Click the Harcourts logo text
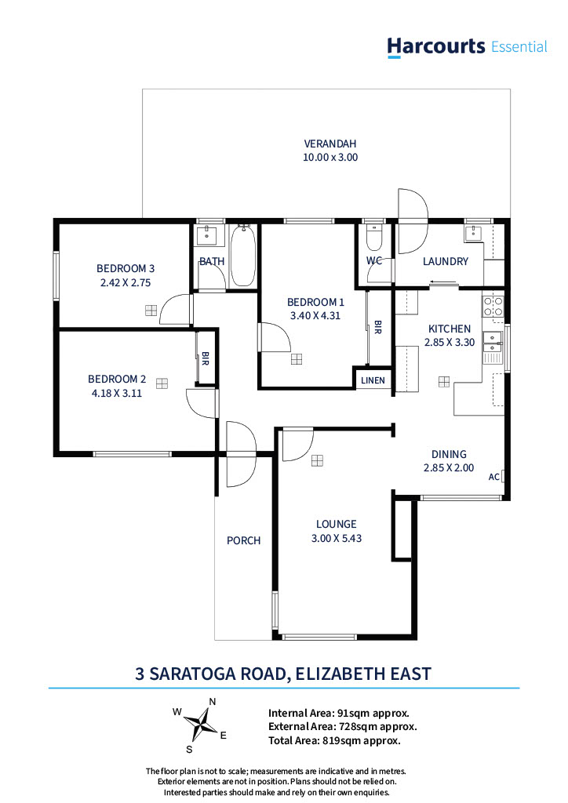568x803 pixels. [x=436, y=46]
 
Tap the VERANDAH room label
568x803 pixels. [x=330, y=144]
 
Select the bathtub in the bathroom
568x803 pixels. [x=242, y=256]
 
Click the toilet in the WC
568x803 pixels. [x=374, y=238]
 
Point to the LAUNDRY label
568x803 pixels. [x=445, y=261]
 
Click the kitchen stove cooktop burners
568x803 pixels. [x=493, y=307]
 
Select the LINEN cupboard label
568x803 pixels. [x=373, y=380]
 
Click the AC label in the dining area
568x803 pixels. [x=493, y=476]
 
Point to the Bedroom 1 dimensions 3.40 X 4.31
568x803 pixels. [x=315, y=316]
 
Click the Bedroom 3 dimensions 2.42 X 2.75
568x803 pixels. [x=125, y=282]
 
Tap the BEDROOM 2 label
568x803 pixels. [x=117, y=379]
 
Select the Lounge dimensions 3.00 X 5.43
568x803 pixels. [x=336, y=538]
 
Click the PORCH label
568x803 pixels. [x=243, y=540]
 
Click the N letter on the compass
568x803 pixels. [x=212, y=702]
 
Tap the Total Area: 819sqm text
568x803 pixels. [x=334, y=739]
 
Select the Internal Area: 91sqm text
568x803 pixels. [x=338, y=713]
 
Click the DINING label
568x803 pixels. [x=449, y=454]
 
